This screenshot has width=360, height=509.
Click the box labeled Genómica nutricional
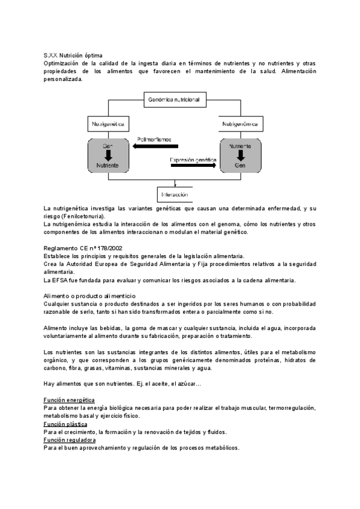coord(174,99)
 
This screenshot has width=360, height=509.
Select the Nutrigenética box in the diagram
coord(109,124)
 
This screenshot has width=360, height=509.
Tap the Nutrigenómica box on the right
coord(239,124)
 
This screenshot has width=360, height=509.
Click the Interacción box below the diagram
coord(174,194)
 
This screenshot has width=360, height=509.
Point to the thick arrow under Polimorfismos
coord(156,146)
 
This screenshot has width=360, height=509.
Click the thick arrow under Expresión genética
coord(193,166)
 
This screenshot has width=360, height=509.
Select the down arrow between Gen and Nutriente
coord(108,155)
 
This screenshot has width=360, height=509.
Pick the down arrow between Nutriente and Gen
coord(239,155)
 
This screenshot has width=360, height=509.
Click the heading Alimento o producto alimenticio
coord(90,296)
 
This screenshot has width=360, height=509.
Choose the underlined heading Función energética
coord(69,399)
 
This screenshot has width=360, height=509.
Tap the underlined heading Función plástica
coord(65,424)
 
